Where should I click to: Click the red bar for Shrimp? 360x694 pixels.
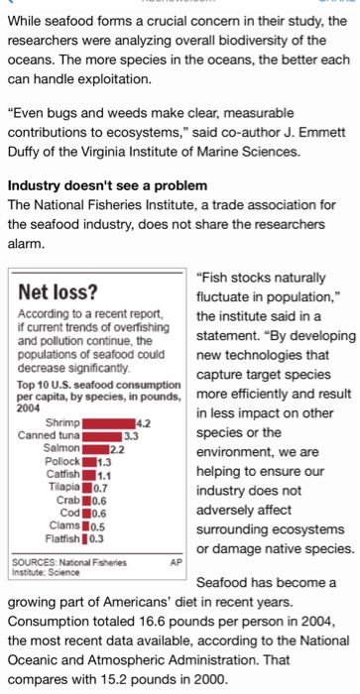(x=108, y=423)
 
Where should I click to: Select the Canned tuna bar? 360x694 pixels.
(x=102, y=436)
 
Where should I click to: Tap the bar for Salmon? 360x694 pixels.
(x=95, y=449)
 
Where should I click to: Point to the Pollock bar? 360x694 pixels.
(x=89, y=462)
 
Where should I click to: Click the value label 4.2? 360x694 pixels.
(x=144, y=423)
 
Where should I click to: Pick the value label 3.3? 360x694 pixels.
(x=131, y=436)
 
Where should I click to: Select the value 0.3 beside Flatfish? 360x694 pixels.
(x=97, y=539)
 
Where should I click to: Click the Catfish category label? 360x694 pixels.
(x=63, y=475)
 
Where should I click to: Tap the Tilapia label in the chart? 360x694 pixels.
(x=64, y=488)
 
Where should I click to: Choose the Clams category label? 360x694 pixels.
(x=65, y=525)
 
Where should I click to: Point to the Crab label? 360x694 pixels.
(x=68, y=500)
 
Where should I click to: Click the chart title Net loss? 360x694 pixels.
(x=58, y=291)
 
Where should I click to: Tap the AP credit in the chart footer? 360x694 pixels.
(x=176, y=563)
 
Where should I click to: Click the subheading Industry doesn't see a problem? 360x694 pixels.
(x=107, y=184)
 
